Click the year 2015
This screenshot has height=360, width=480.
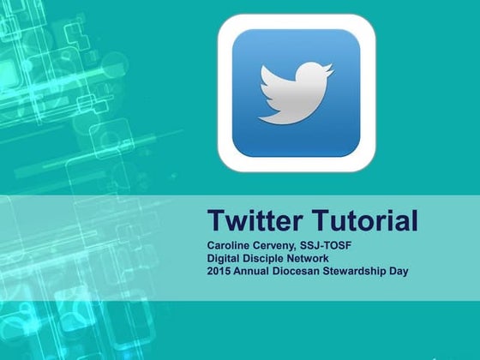219,272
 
